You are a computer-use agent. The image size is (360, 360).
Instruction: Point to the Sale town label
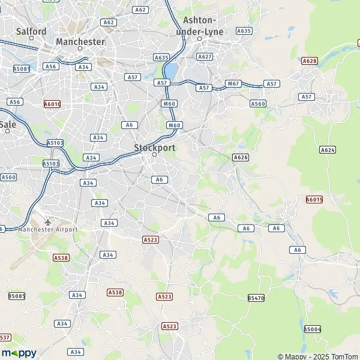[8, 124]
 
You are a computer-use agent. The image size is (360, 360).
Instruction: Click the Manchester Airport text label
[47, 230]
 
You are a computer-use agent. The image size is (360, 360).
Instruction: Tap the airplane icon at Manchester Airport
[48, 221]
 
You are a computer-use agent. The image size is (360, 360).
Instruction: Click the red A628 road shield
[310, 61]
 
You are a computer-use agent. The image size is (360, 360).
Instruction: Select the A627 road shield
[205, 56]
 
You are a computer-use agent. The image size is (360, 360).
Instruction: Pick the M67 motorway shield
[233, 83]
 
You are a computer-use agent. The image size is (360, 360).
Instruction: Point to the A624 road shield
[328, 149]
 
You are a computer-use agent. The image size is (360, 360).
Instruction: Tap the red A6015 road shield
[314, 200]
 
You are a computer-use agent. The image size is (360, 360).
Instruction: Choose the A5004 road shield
[313, 329]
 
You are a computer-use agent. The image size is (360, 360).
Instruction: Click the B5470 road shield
[256, 298]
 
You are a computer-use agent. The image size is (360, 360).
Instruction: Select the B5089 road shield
[17, 296]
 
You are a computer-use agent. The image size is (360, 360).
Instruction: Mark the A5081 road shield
[22, 69]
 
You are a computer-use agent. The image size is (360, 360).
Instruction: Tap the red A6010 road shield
[52, 104]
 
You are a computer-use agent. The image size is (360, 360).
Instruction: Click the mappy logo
[19, 353]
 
